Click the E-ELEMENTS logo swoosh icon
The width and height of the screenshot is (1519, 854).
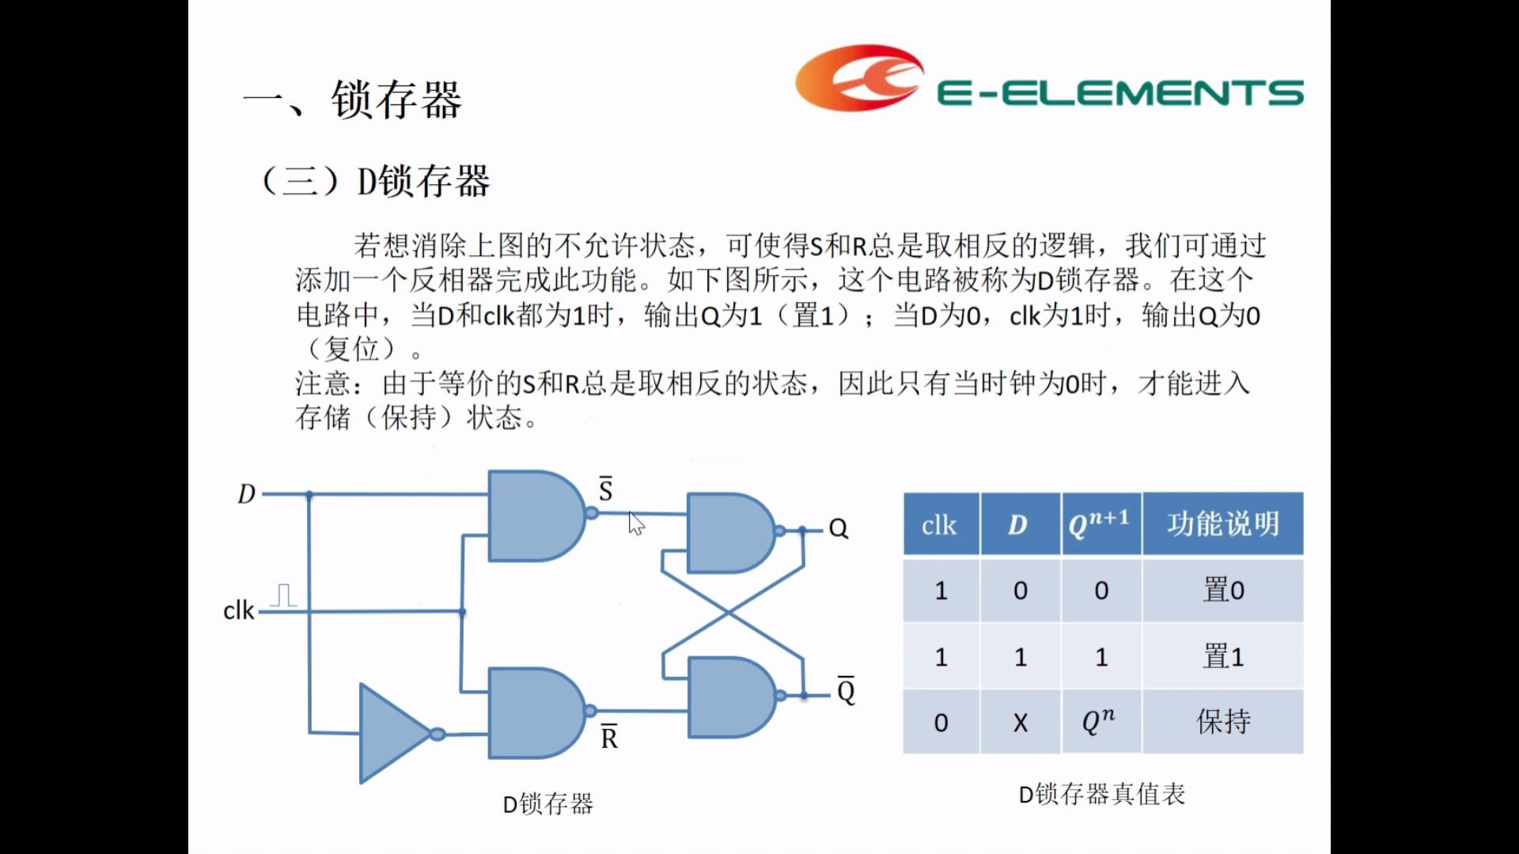pyautogui.click(x=858, y=77)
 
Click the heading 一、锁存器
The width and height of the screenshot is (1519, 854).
pyautogui.click(x=353, y=100)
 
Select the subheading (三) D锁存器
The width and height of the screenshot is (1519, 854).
pyautogui.click(x=375, y=181)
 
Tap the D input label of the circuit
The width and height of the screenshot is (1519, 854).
pyautogui.click(x=246, y=494)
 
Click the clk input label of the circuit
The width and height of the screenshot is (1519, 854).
pyautogui.click(x=238, y=610)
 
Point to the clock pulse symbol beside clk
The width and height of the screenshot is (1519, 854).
pyautogui.click(x=283, y=595)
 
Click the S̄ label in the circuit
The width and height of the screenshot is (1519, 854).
pyautogui.click(x=605, y=490)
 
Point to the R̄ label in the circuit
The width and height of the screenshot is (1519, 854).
pyautogui.click(x=608, y=737)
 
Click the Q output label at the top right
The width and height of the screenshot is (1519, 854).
pyautogui.click(x=838, y=528)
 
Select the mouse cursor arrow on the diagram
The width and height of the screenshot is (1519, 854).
pyautogui.click(x=636, y=523)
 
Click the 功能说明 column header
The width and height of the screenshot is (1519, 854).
pyautogui.click(x=1222, y=523)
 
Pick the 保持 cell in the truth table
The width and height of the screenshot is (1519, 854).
pyautogui.click(x=1222, y=721)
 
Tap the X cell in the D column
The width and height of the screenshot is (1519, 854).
pyautogui.click(x=1021, y=723)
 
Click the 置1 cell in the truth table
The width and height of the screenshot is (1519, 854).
pyautogui.click(x=1222, y=656)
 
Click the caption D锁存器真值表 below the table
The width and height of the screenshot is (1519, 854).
pyautogui.click(x=1101, y=794)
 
